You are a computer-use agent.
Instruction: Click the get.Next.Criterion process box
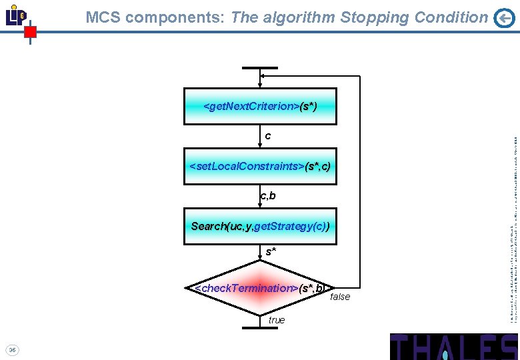pos(260,106)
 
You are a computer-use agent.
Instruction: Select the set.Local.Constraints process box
pos(260,166)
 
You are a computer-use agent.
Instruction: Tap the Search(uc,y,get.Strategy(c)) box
pos(260,226)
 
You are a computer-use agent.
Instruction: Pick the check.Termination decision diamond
pos(260,288)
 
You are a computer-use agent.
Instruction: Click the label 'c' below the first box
pos(268,136)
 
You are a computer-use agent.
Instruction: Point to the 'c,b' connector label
pos(268,196)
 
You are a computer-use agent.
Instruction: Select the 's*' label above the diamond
pos(271,252)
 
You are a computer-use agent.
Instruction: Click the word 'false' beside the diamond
pos(340,297)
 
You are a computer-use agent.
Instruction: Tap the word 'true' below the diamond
pos(277,321)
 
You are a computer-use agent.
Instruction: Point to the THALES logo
pos(453,347)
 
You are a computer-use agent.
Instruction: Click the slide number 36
pos(13,349)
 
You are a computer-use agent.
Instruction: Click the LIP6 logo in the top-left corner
pos(16,15)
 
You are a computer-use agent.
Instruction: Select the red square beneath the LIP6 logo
pos(30,31)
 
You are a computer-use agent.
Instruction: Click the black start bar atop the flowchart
pos(260,68)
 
